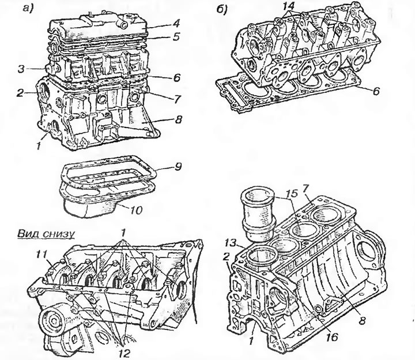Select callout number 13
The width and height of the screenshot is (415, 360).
pos(229,241)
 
